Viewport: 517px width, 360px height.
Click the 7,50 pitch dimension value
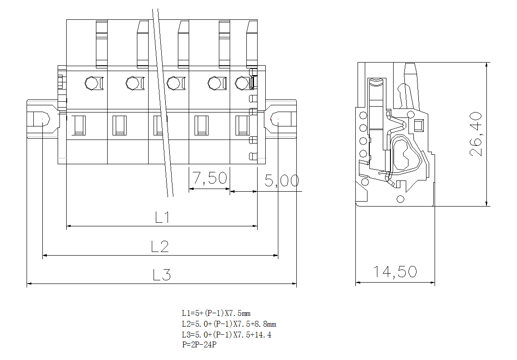click(209, 178)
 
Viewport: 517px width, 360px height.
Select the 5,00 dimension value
click(281, 181)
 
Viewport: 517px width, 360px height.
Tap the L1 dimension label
click(162, 217)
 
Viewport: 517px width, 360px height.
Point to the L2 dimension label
click(160, 246)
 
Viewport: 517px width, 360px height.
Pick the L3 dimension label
click(161, 274)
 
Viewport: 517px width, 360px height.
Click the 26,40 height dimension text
click(476, 134)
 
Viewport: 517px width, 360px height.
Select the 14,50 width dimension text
click(395, 272)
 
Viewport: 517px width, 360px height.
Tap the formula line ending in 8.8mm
click(229, 324)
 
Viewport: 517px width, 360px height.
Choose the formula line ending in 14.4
click(226, 335)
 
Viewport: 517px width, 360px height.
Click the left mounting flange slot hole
click(41, 120)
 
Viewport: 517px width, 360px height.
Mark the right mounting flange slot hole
click(279, 120)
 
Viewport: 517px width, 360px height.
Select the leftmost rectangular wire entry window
click(79, 126)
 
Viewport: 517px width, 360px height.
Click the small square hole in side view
click(418, 125)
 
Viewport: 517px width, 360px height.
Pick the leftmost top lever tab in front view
click(101, 44)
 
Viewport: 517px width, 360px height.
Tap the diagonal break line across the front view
click(162, 103)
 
